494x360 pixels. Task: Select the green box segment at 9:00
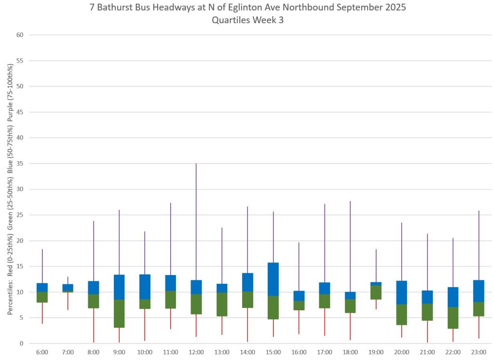(x=119, y=314)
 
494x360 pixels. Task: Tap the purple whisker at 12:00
(x=196, y=222)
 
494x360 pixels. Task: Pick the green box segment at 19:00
(x=376, y=292)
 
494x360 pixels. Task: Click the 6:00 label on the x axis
(x=42, y=353)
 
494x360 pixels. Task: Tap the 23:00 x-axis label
(x=479, y=353)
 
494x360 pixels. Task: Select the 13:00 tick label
(x=222, y=353)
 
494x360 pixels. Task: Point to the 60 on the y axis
(x=20, y=35)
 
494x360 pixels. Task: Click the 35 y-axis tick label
(x=20, y=164)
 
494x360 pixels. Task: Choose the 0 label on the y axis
(x=22, y=344)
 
